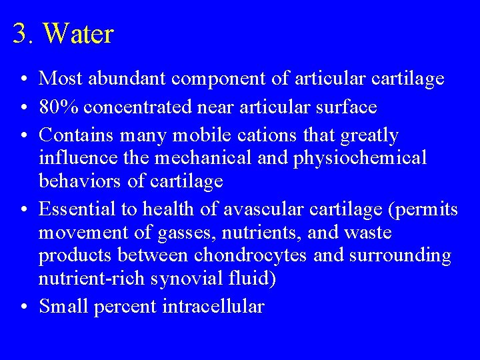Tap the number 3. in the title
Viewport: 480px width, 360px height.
click(x=26, y=34)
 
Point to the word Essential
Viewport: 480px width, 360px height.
click(x=75, y=209)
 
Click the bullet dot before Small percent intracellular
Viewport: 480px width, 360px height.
click(x=23, y=307)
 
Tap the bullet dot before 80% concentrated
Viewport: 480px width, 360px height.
click(x=23, y=107)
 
